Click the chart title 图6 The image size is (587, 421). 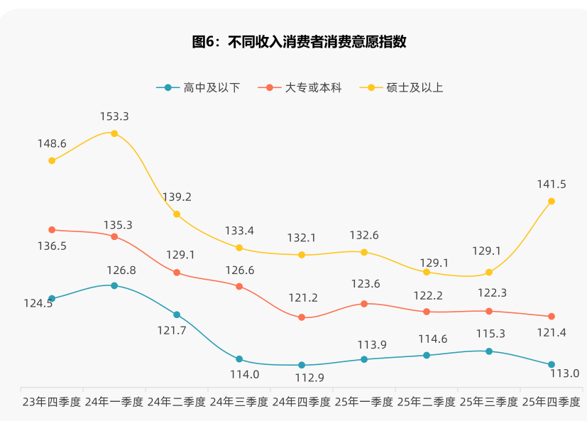(299, 42)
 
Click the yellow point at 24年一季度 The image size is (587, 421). (114, 133)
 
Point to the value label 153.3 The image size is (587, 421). (114, 116)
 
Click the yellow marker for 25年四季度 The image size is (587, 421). (552, 201)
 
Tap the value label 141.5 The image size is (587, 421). (552, 184)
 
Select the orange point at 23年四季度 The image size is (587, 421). (52, 230)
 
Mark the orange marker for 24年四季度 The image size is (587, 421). (302, 317)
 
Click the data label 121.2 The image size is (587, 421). (302, 298)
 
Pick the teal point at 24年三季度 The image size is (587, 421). (239, 359)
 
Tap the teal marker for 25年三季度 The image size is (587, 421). (489, 351)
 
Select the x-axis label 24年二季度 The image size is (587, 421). (177, 402)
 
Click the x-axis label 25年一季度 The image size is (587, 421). (364, 402)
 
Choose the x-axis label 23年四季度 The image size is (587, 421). (52, 402)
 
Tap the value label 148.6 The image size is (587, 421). (52, 143)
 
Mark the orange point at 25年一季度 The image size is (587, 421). (364, 304)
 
